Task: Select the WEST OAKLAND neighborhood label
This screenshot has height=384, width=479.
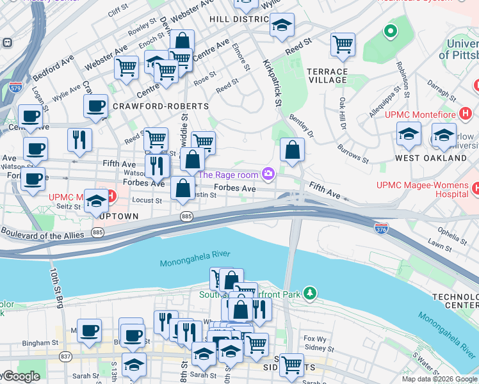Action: (430, 157)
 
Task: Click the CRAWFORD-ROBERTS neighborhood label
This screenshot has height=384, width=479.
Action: (160, 106)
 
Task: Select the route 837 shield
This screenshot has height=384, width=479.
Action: (66, 356)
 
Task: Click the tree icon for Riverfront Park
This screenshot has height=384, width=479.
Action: (310, 293)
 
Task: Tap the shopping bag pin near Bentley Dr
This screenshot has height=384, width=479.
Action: (292, 151)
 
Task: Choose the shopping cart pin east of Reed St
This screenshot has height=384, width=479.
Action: (343, 45)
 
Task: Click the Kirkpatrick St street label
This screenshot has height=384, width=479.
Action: (273, 83)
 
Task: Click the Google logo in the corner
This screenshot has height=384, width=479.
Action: (20, 377)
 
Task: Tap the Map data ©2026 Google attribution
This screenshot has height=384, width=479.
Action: (439, 379)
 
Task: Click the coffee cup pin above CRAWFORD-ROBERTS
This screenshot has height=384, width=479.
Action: (95, 106)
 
